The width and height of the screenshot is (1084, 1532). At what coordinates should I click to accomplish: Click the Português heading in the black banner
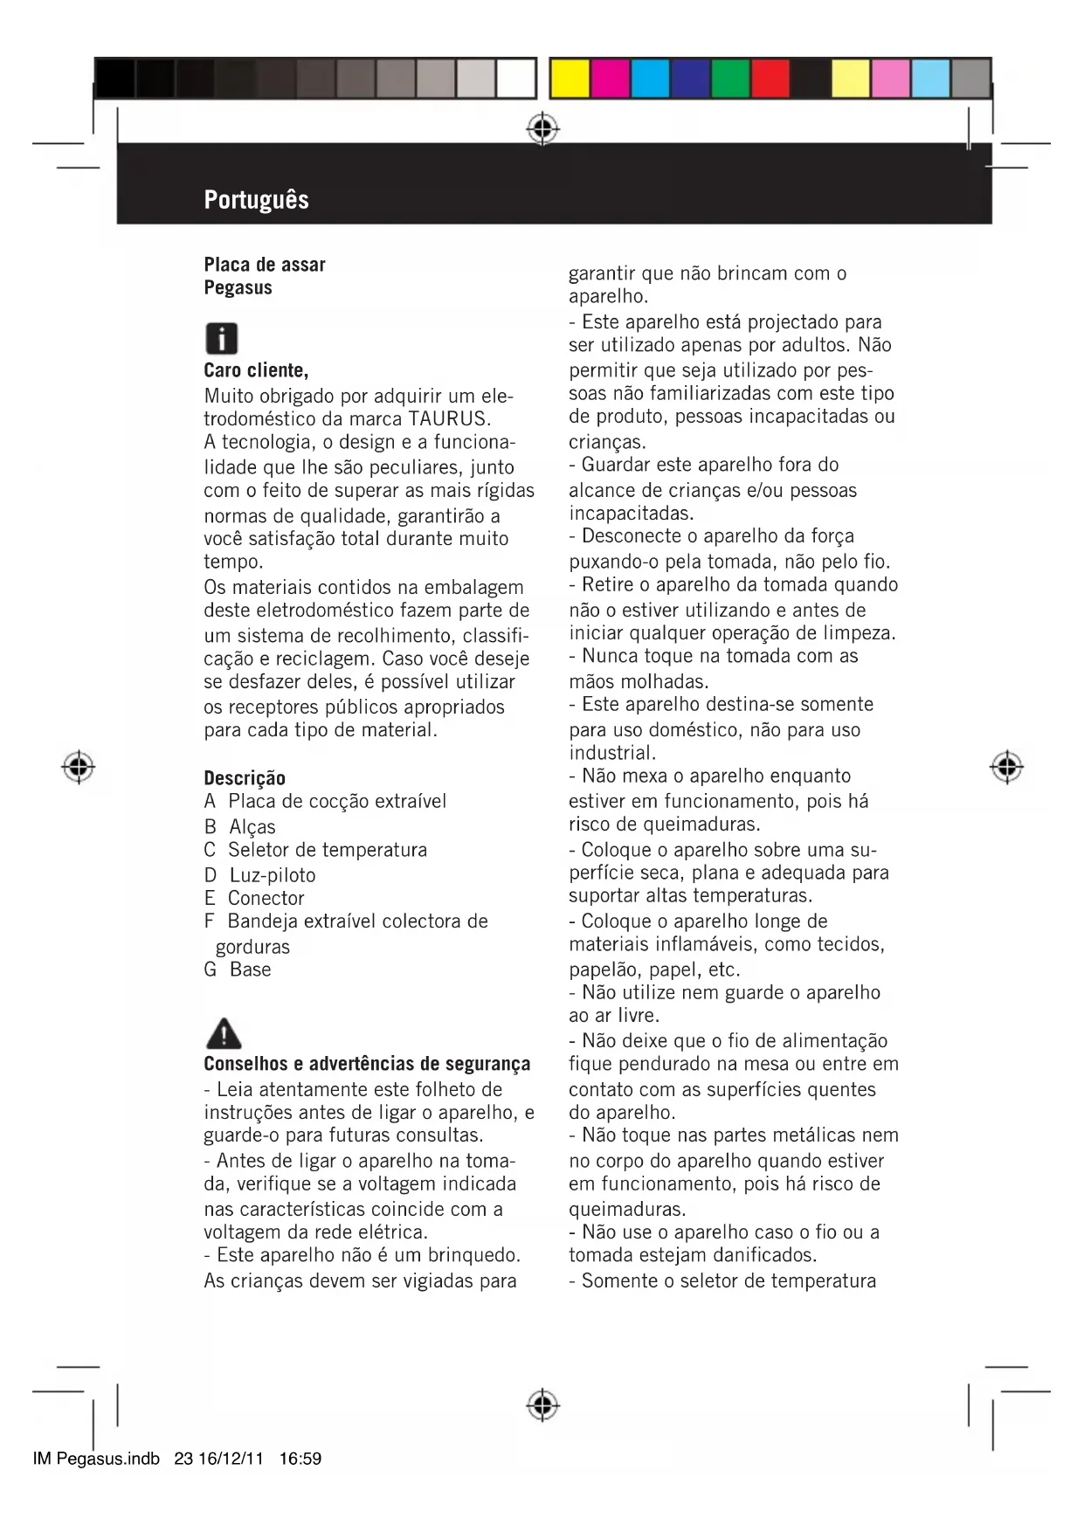coord(256,200)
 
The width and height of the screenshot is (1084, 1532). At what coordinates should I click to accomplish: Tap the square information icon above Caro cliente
coord(222,338)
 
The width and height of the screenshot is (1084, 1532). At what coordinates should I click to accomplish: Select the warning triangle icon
coord(224,1033)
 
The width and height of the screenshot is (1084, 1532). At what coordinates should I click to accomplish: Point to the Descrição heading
coord(245,777)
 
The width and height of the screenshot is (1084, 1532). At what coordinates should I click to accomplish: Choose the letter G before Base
coord(211,970)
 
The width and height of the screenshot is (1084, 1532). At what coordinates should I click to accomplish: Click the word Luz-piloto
coord(273,875)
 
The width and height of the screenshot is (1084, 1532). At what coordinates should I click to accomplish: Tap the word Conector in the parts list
coord(266,898)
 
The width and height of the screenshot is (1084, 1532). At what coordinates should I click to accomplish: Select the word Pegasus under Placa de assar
coord(238,287)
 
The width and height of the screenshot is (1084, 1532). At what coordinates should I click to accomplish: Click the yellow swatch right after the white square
coord(569,79)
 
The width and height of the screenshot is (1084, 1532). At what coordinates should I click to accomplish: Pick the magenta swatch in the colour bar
coord(609,79)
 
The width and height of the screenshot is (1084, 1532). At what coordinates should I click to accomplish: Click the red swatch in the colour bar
coord(770,79)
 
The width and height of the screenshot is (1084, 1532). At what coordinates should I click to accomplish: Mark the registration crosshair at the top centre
coord(542,129)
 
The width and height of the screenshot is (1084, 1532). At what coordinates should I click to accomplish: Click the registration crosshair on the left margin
coord(79,766)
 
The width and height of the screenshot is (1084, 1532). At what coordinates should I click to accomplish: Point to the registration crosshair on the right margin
coord(1006,766)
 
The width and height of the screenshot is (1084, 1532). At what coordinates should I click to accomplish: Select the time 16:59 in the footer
coord(300,1459)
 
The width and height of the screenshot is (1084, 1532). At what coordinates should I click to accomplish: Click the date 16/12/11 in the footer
coord(231,1459)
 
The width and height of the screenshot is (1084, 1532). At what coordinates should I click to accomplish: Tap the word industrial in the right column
coord(611,753)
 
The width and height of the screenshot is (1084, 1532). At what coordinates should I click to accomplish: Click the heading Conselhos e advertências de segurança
coord(367,1064)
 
